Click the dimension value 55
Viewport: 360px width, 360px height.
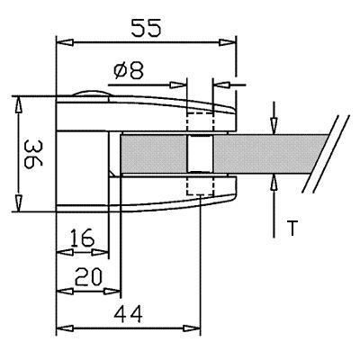(147, 28)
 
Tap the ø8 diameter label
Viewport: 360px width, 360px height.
(129, 71)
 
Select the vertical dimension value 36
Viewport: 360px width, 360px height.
(32, 154)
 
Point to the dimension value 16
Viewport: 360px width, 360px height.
(82, 238)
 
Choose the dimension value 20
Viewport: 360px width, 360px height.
(88, 276)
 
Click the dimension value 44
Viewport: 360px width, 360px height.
(129, 314)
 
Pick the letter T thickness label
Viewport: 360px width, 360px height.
(292, 228)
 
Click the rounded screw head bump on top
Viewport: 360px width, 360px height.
(92, 94)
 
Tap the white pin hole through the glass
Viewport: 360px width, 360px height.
(200, 153)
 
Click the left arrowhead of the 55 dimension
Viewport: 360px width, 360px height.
(65, 42)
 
